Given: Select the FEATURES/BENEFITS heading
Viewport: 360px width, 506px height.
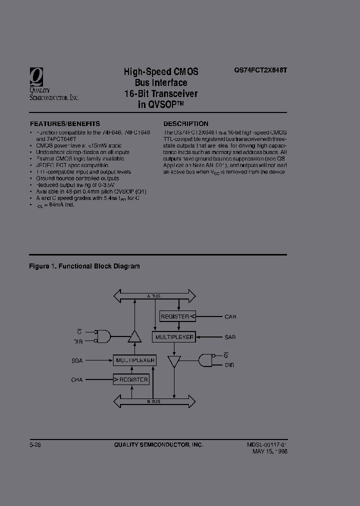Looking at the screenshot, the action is (65, 123).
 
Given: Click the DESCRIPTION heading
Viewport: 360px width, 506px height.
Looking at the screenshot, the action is (186, 123).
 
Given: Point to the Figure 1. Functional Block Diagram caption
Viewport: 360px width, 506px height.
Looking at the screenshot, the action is (84, 266).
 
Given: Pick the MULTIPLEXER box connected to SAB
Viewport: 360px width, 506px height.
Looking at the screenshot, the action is (173, 337).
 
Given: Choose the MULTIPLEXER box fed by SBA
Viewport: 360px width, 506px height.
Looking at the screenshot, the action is (134, 360).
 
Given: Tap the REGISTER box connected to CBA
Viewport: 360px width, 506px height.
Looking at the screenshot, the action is (131, 379).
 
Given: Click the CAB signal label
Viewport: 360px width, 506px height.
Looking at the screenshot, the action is (230, 317).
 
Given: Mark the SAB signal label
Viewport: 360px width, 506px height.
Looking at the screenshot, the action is (230, 337).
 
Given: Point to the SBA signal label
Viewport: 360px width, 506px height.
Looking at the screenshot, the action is (78, 360).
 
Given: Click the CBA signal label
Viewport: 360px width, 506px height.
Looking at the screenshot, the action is (77, 380).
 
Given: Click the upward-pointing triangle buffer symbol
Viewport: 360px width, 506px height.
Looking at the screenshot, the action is (134, 337).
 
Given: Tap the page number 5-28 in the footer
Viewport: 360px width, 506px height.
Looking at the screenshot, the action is (35, 444).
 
